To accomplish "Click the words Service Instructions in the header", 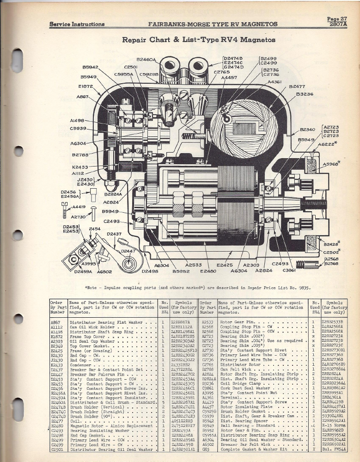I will click(77, 25).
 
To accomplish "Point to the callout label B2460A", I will click(147, 59).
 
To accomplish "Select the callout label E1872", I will click(87, 86).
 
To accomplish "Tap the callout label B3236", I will click(305, 94).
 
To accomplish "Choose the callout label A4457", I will click(230, 78).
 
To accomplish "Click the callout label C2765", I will click(222, 72).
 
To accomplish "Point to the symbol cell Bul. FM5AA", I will click(334, 449).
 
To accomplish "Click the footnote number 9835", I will click(300, 287).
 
